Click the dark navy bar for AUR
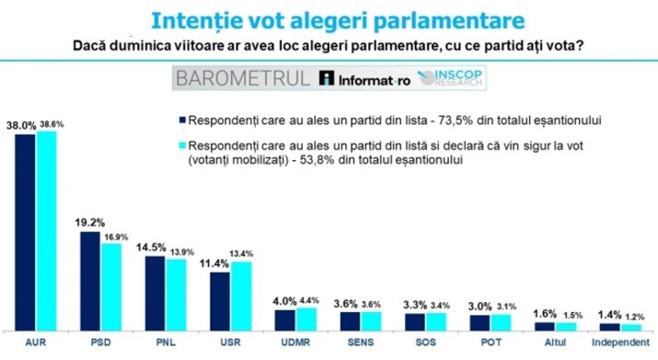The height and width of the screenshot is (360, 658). tap(25, 231)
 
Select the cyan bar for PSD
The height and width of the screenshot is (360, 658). tap(111, 285)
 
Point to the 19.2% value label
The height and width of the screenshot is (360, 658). tap(89, 223)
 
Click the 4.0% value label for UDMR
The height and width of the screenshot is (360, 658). tap(285, 300)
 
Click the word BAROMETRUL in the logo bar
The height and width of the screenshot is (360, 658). tap(246, 78)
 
